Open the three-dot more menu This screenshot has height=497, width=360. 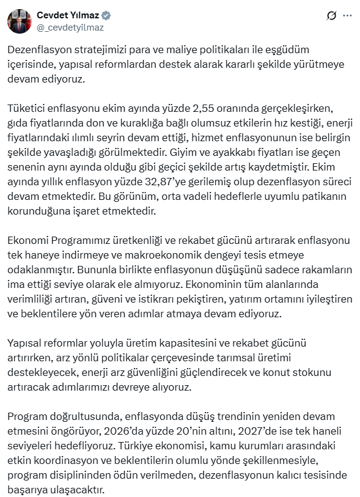point(348,15)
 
